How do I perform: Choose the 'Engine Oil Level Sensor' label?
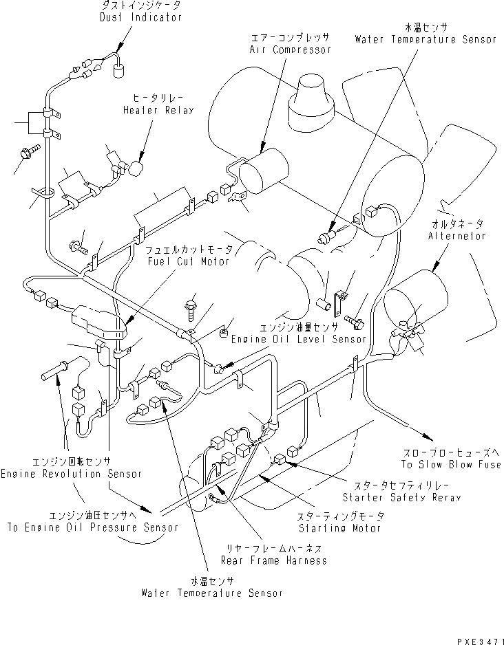click(x=298, y=339)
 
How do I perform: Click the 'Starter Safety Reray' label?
click(x=401, y=496)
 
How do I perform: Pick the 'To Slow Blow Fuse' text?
click(x=451, y=466)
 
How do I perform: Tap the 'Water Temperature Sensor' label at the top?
click(x=425, y=39)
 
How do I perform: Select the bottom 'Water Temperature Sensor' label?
click(x=211, y=592)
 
